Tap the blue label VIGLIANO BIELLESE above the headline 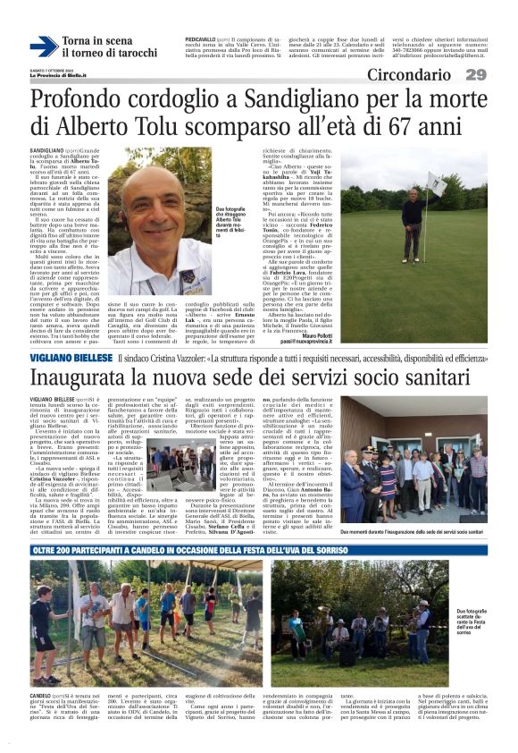click(x=70, y=357)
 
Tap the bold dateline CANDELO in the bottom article click(x=41, y=695)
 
